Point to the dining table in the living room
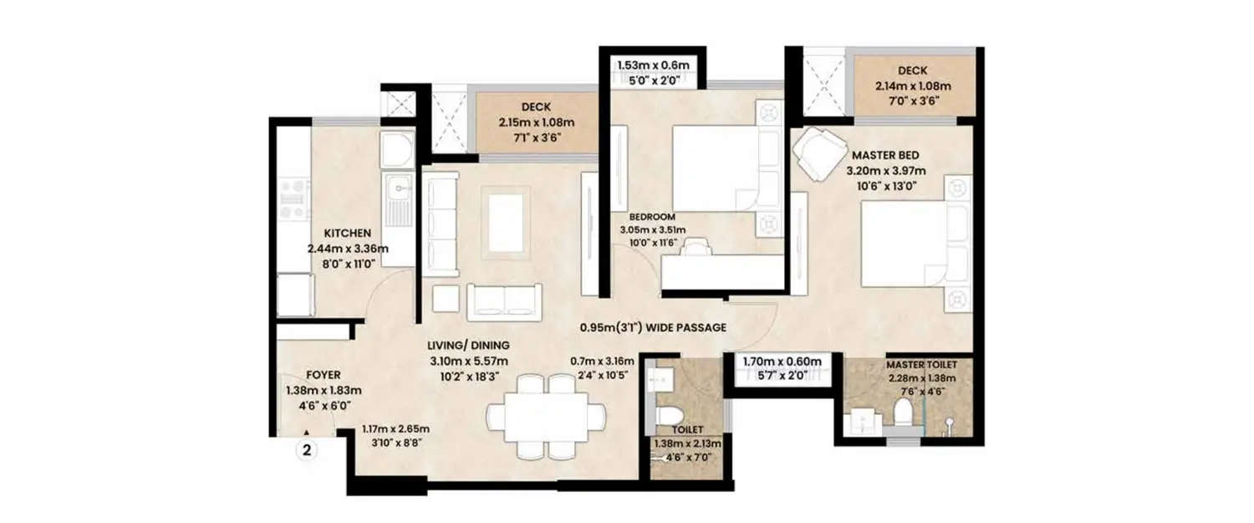pyautogui.click(x=548, y=415)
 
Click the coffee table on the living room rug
pyautogui.click(x=505, y=222)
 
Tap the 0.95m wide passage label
pyautogui.click(x=654, y=328)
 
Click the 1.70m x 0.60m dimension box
pyautogui.click(x=782, y=368)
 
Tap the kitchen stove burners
pyautogui.click(x=293, y=199)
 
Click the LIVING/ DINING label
pyautogui.click(x=468, y=345)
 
